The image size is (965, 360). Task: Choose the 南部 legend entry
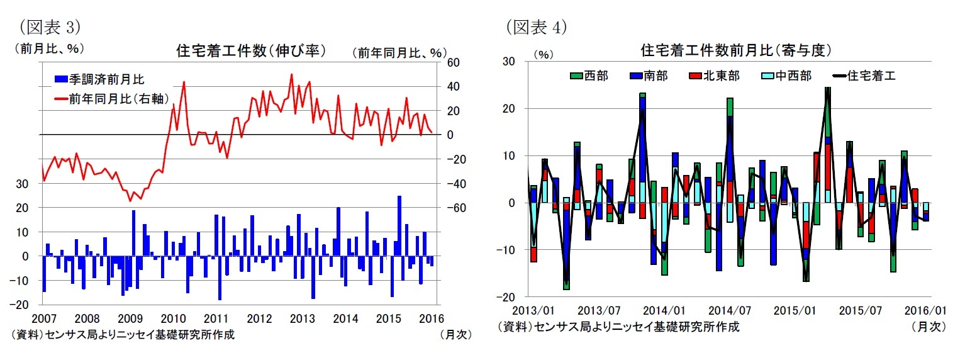[x=648, y=76]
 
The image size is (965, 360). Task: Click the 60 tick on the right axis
[x=453, y=62]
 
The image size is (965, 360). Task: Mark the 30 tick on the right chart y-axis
[x=508, y=61]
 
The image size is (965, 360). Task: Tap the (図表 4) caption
[x=536, y=27]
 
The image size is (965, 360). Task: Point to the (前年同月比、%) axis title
[x=399, y=53]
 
